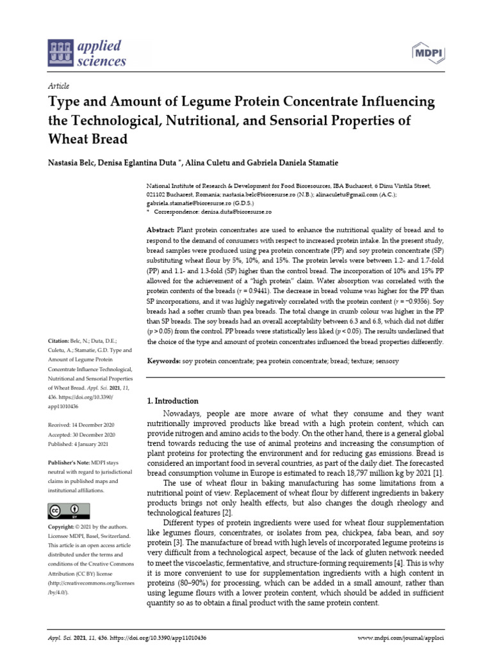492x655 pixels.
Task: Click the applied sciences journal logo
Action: [87, 52]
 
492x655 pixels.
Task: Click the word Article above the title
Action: [59, 86]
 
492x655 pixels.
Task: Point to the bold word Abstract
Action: [160, 230]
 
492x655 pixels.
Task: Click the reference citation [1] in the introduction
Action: [438, 473]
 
